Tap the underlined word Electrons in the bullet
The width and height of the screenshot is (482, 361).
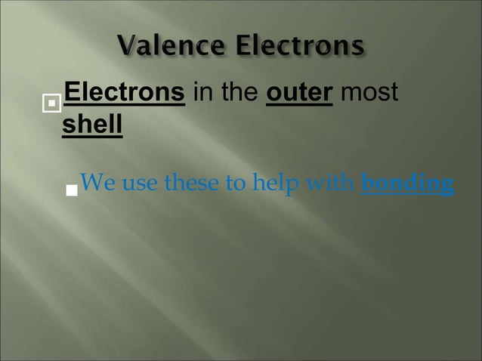pyautogui.click(x=125, y=93)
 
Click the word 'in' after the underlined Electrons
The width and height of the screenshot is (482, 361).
pyautogui.click(x=202, y=93)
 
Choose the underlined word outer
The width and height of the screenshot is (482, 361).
pyautogui.click(x=300, y=93)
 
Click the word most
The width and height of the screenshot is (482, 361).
pyautogui.click(x=369, y=93)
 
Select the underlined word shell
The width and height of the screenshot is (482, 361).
pyautogui.click(x=91, y=124)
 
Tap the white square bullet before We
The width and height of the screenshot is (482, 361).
pyautogui.click(x=72, y=190)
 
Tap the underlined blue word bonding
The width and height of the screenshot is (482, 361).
pyautogui.click(x=407, y=184)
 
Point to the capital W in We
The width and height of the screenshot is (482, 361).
pyautogui.click(x=89, y=184)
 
